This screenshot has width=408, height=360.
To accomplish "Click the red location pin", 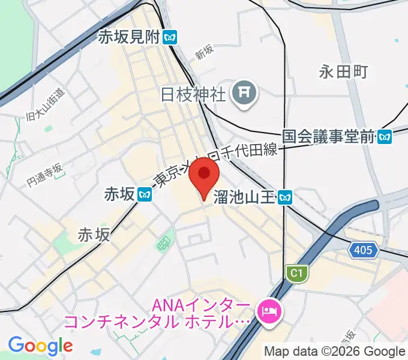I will coord(204,176).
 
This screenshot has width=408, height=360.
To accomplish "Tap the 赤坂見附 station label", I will coord(130,37).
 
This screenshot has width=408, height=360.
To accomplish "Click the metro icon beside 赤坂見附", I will coord(170,37).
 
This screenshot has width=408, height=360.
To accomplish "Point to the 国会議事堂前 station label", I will coord(328,137).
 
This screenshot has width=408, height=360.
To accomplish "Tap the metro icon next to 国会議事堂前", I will coord(385,137).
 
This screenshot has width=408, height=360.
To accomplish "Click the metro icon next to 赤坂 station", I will coord(144,194).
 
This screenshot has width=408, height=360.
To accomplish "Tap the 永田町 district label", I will coord(343,72).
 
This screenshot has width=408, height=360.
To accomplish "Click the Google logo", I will coord(40,346).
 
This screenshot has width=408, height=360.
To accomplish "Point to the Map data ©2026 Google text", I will coord(335,352).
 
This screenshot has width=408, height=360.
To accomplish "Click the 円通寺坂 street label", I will coord(45,174).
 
